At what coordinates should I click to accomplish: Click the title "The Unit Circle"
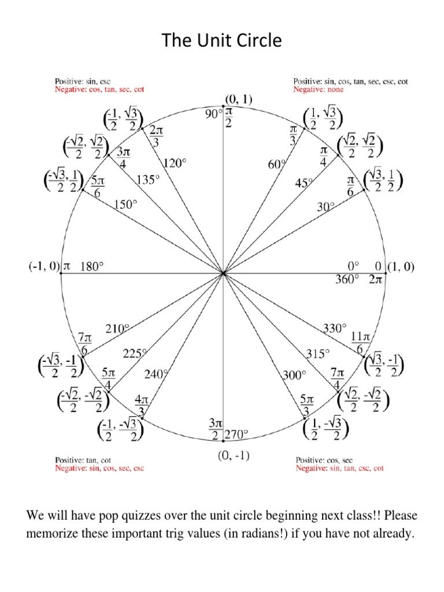[221, 40]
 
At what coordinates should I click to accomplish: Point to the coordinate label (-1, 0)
[44, 267]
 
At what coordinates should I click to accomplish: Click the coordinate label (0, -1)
[234, 456]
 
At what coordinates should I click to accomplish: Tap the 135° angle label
[147, 180]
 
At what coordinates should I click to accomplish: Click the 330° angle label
[334, 329]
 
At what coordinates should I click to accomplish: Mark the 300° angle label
[294, 375]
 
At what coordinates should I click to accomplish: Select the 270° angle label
[236, 434]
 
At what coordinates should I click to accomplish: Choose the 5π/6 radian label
[97, 186]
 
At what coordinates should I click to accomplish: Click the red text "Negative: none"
[318, 90]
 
